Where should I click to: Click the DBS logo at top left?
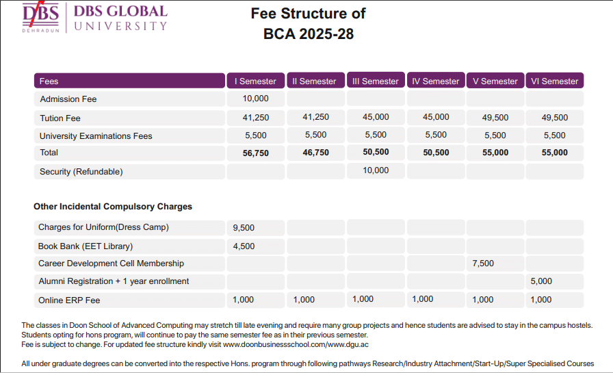pyautogui.click(x=41, y=17)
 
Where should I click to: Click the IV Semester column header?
pyautogui.click(x=436, y=81)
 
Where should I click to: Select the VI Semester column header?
pyautogui.click(x=554, y=81)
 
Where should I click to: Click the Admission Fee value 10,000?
pyautogui.click(x=256, y=99)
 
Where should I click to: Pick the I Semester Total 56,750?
pyautogui.click(x=256, y=153)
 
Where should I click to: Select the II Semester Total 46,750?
pyautogui.click(x=315, y=153)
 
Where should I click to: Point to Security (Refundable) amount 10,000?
pyautogui.click(x=376, y=170)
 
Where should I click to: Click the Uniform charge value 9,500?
pyautogui.click(x=244, y=227)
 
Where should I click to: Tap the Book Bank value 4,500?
pyautogui.click(x=244, y=246)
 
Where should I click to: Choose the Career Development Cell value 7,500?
pyautogui.click(x=483, y=263)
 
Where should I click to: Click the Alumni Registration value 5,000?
pyautogui.click(x=541, y=281)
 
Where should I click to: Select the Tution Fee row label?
pyautogui.click(x=60, y=118)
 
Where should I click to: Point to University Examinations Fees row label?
pyautogui.click(x=96, y=136)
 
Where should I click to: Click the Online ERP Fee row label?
pyautogui.click(x=69, y=300)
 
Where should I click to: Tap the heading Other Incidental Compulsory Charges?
pyautogui.click(x=113, y=207)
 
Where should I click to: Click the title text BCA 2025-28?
pyautogui.click(x=309, y=34)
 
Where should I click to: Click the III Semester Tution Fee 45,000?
pyautogui.click(x=376, y=117)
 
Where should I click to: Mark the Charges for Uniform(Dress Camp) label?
pyautogui.click(x=103, y=227)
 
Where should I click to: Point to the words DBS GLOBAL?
pyautogui.click(x=120, y=12)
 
